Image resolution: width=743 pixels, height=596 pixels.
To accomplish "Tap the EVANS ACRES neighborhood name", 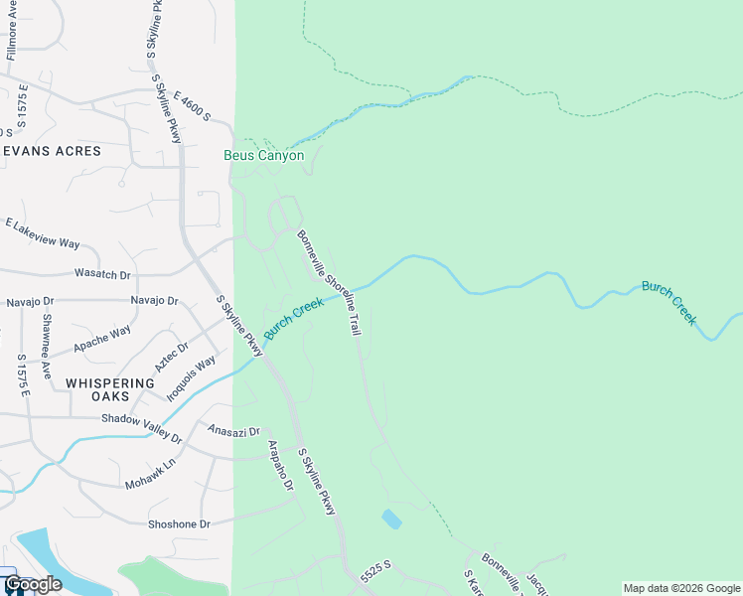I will pos(52,151).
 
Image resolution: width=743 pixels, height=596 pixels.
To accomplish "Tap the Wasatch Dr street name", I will pos(102,273).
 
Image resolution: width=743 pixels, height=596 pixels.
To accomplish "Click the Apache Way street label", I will pos(102,339).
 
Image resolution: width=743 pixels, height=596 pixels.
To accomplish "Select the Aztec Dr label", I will pos(171,358).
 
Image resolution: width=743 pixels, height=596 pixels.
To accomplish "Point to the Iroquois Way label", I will pos(191,378).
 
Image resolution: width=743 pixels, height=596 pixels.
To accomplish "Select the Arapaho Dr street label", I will pos(280,467).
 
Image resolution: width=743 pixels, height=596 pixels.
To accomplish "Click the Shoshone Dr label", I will pos(180,523).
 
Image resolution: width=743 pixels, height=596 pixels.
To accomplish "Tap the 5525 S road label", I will pos(376,571).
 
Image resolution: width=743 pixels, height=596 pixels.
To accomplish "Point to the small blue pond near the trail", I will pos(391,519).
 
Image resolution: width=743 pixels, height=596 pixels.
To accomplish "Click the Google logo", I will pos(33,584).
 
